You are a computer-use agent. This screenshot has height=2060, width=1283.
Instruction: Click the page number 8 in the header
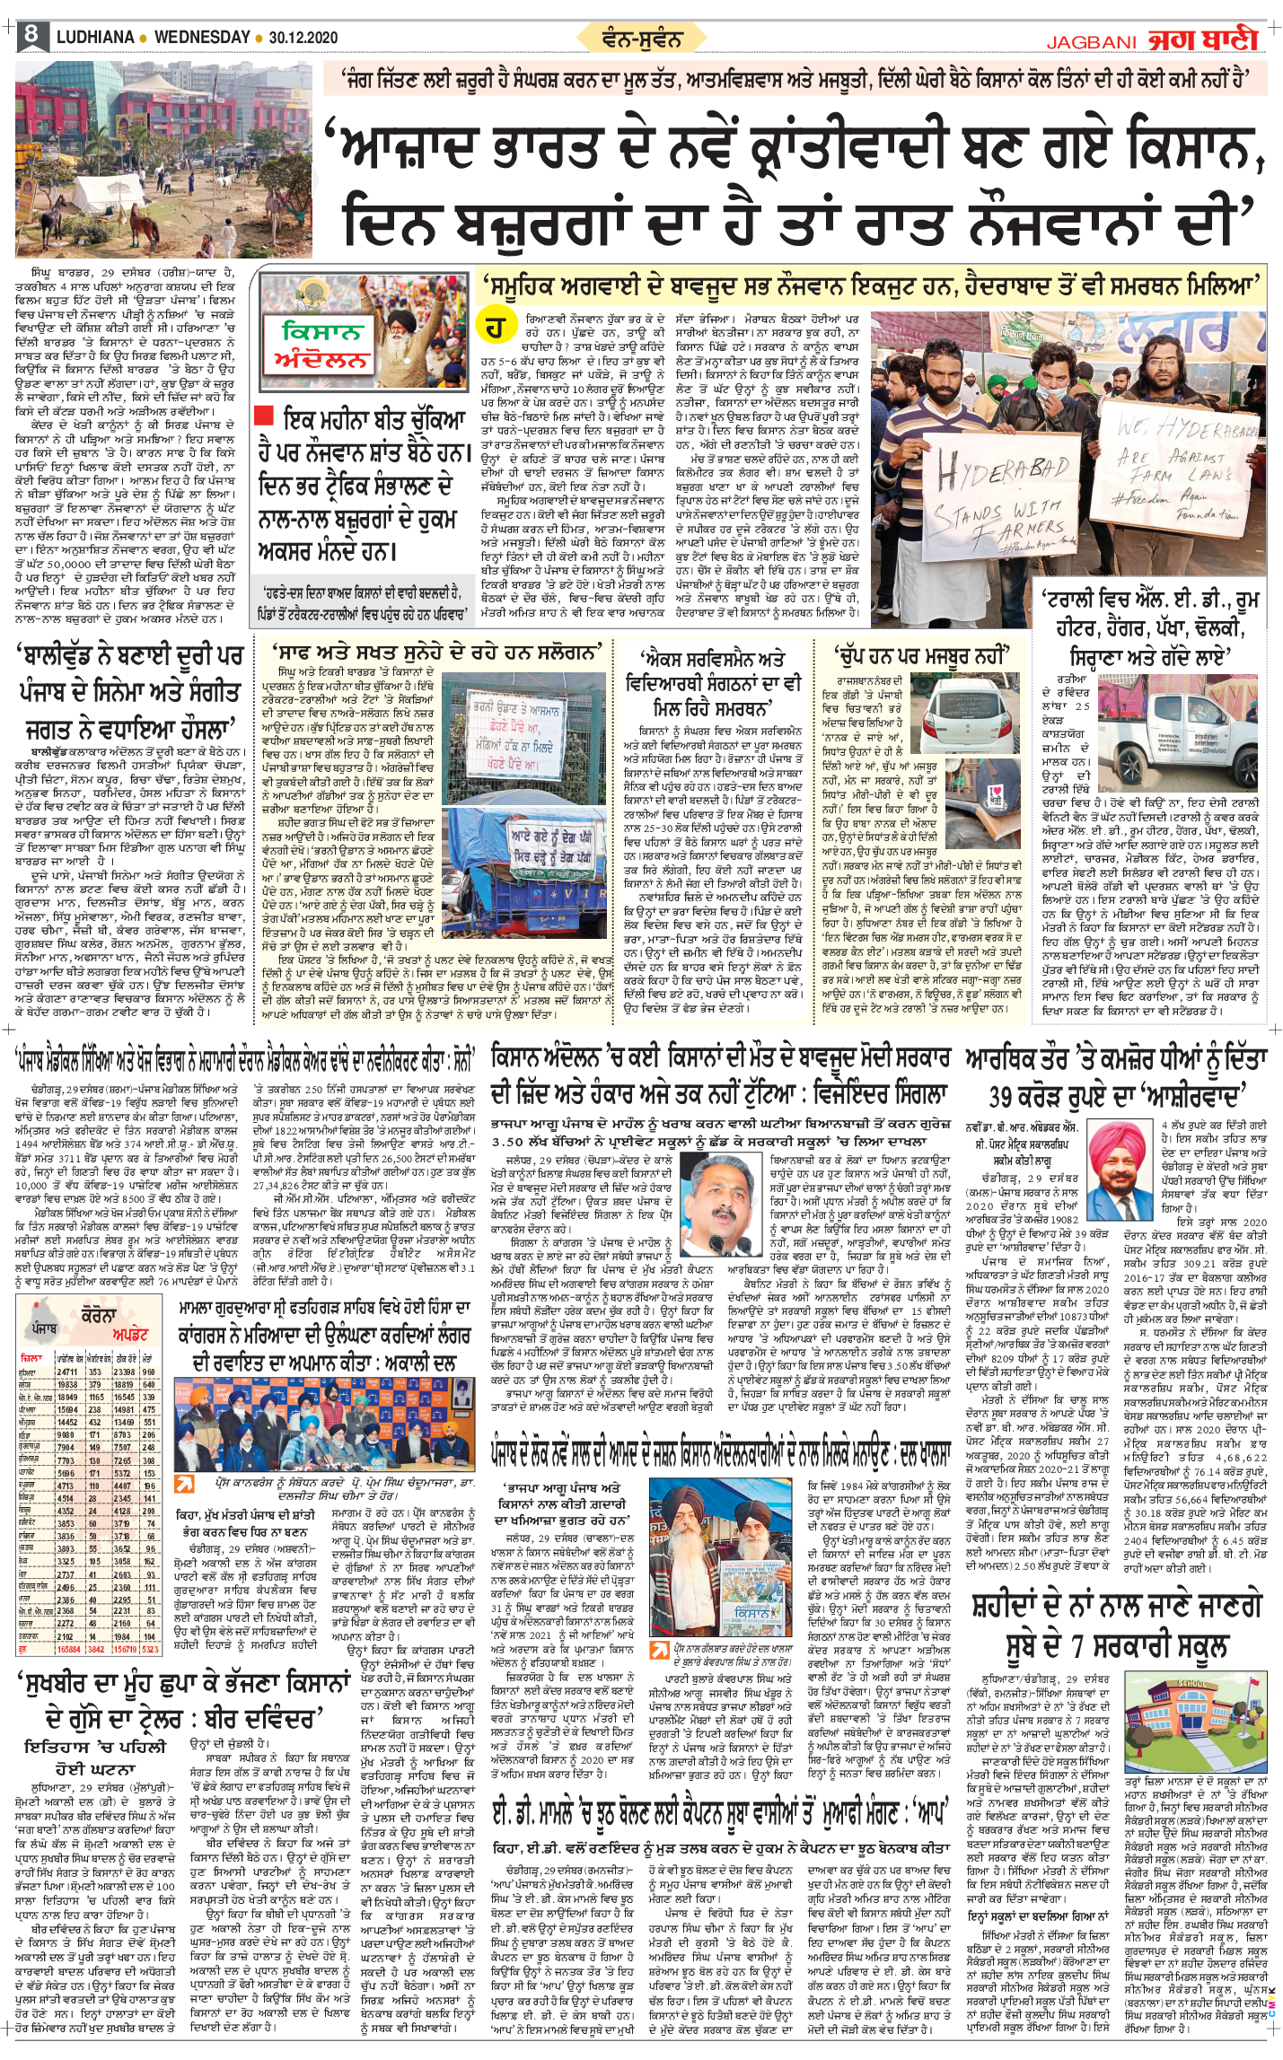click(x=31, y=35)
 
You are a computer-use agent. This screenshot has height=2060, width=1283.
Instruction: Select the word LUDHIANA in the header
click(x=95, y=38)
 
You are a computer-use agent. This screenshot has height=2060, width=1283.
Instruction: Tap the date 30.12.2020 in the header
click(x=303, y=38)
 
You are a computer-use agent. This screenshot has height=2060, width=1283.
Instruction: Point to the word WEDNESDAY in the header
click(x=202, y=38)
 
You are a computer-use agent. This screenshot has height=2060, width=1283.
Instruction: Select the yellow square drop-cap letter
click(x=495, y=329)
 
